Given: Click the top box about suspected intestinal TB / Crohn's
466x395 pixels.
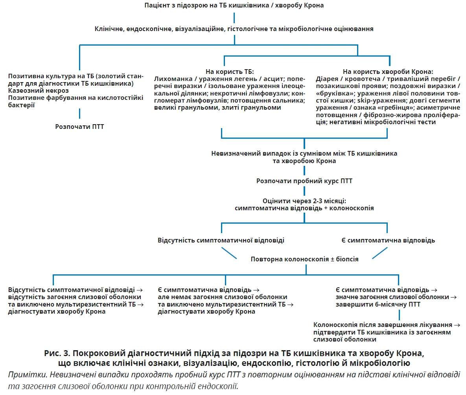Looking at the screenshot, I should pyautogui.click(x=234, y=6).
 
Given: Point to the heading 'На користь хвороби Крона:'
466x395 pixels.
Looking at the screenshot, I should pyautogui.click(x=388, y=72).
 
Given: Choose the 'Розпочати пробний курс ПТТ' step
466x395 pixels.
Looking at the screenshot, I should pyautogui.click(x=304, y=181).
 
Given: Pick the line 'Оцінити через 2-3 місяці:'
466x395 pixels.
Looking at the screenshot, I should pyautogui.click(x=304, y=200).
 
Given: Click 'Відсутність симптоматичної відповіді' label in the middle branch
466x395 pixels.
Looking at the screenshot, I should pyautogui.click(x=221, y=240).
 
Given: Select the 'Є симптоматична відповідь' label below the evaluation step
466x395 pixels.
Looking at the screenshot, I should pyautogui.click(x=388, y=240).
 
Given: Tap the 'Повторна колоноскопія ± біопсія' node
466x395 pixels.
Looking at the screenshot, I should pyautogui.click(x=304, y=259).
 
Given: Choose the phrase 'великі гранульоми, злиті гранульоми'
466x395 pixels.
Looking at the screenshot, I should pyautogui.click(x=218, y=108).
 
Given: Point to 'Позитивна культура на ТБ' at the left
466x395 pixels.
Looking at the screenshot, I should pyautogui.click(x=50, y=76).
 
